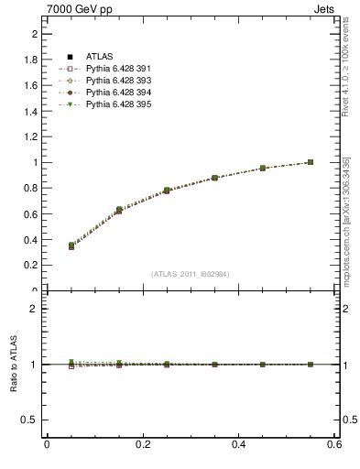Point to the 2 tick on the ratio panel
tap(34, 309)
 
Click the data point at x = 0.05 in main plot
tap(71, 245)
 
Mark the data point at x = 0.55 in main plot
tap(311, 162)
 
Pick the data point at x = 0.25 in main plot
tap(167, 191)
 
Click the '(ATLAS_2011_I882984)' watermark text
tap(191, 274)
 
